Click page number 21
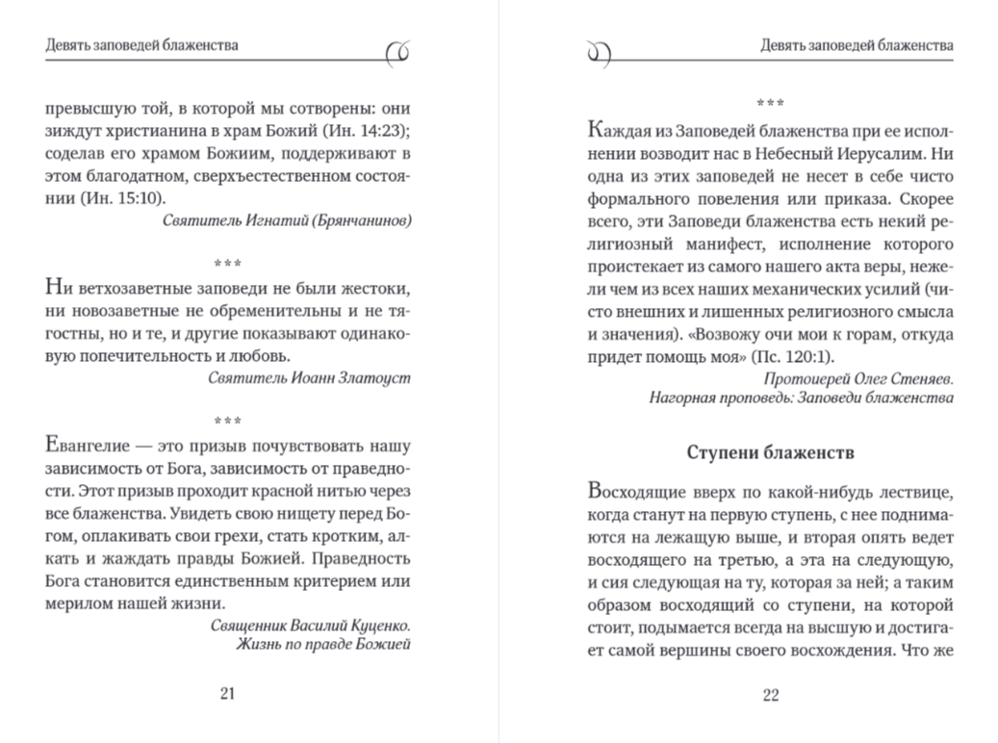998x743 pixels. pos(228,694)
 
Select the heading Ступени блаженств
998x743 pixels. pos(771,451)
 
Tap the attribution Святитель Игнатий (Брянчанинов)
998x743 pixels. pos(287,220)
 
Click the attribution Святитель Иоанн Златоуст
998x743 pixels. pos(309,377)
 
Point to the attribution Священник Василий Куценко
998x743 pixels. pos(310,625)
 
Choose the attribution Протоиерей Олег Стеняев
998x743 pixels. pos(859,379)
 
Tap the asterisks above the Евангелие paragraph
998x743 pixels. pos(228,421)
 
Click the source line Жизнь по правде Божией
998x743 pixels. pos(323,643)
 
